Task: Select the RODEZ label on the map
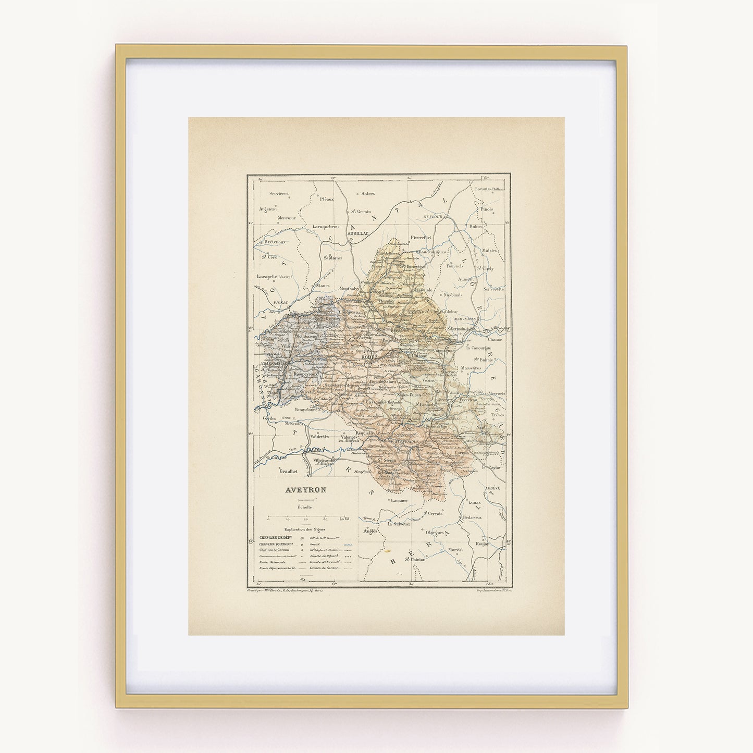369,357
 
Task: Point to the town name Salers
368,193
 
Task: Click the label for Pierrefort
421,237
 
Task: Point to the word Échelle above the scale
305,507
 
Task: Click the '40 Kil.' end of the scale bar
344,519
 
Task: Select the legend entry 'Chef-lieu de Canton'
274,550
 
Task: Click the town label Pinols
487,208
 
